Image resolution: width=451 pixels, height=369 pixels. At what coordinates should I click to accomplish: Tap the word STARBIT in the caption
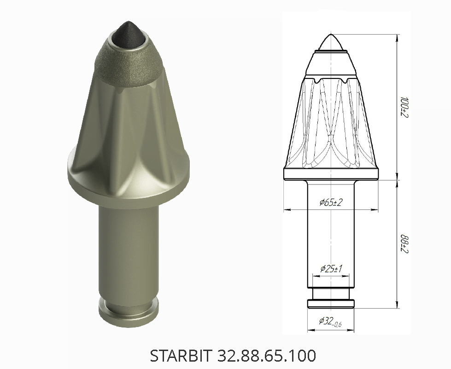coord(181,356)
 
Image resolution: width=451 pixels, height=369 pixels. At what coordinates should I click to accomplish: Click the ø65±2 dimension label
coord(331,202)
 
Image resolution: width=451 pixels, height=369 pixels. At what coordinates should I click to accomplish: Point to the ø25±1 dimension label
coord(331,269)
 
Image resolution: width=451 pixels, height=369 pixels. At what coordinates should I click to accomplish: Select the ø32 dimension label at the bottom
coord(330,321)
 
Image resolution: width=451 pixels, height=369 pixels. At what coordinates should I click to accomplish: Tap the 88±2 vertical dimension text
coord(405,244)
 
